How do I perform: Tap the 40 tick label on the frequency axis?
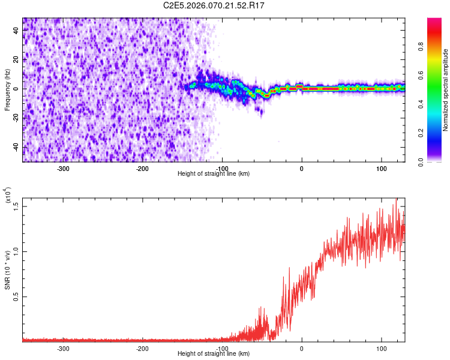16,29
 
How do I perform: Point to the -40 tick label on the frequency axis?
15,147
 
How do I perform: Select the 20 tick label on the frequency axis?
16,59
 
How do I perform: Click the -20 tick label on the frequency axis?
15,118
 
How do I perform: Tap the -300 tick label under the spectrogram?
63,168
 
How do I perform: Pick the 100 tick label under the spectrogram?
381,168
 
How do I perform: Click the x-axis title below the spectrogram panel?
214,174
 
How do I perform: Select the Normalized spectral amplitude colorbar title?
446,90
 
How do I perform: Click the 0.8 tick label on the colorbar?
437,46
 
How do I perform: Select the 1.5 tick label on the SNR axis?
16,205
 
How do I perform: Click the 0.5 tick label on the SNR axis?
16,296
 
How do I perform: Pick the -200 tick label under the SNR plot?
142,348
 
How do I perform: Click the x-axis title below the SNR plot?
214,354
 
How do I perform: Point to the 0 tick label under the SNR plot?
302,348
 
